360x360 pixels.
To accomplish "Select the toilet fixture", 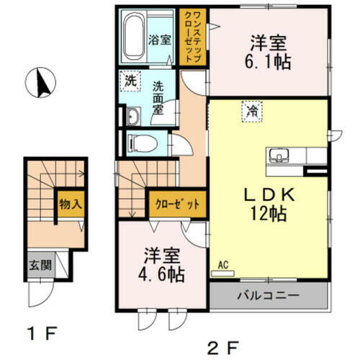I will tap(141, 143).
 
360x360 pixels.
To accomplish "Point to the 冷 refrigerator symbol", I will tap(253, 111).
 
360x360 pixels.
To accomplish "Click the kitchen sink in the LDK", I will tap(279, 155).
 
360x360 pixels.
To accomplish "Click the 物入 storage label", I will tap(71, 204).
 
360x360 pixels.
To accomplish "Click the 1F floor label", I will tap(41, 335).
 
